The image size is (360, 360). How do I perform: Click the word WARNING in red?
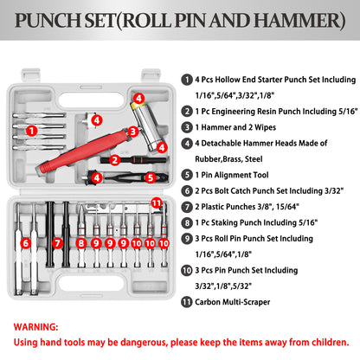coord(40,328)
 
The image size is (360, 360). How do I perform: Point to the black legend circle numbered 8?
coord(186,222)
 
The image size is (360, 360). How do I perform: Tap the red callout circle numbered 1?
coord(32,131)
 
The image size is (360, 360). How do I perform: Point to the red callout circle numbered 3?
coord(132,131)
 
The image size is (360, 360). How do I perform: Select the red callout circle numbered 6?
coord(26,244)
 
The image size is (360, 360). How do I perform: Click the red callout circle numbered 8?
coord(81,244)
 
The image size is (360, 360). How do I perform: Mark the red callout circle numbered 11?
coord(156,203)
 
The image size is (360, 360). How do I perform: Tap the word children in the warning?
coord(321,344)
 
